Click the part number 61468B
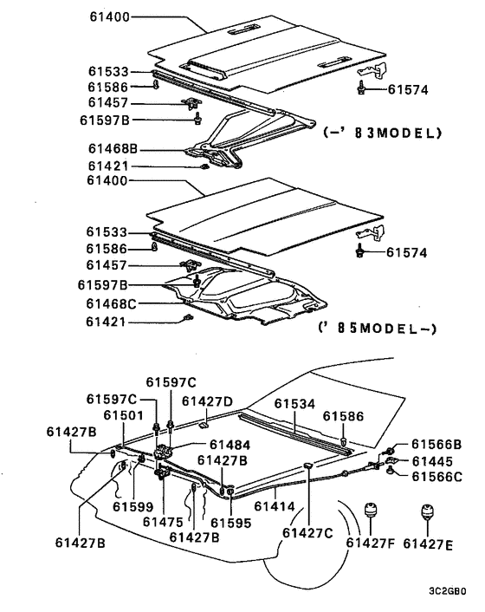coord(113,149)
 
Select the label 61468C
coord(112,303)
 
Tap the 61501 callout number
coord(123,415)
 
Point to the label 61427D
coord(207,401)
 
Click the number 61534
coord(294,404)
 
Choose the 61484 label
coord(230,445)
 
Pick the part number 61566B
coord(436,444)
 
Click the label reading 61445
coord(432,461)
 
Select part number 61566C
coord(437,477)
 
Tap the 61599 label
coord(133,506)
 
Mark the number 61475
coord(163,522)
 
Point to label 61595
coord(231,523)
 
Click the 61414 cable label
coord(275,506)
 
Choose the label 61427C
coord(307,533)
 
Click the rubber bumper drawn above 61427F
coord(371,511)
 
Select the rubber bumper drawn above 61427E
coord(428,512)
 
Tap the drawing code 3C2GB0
coord(448,591)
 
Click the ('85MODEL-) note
coord(378,328)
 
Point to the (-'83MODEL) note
coord(383,133)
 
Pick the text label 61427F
coord(371,543)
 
